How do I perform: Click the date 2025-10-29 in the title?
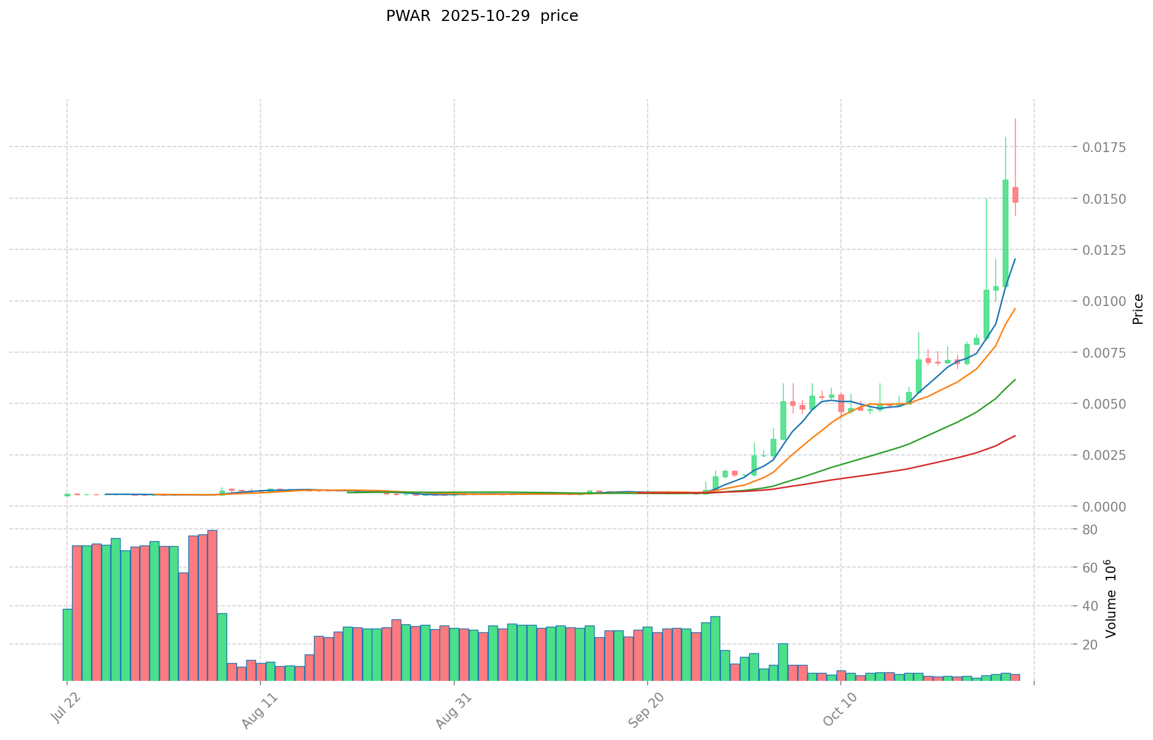(475, 17)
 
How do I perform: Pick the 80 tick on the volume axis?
(1090, 529)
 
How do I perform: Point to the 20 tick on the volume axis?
(1090, 645)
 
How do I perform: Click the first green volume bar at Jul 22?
(67, 645)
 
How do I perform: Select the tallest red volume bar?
(212, 605)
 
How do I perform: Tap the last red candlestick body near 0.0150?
(1015, 195)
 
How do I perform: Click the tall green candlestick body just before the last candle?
(1005, 233)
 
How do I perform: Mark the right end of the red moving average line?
(1015, 436)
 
